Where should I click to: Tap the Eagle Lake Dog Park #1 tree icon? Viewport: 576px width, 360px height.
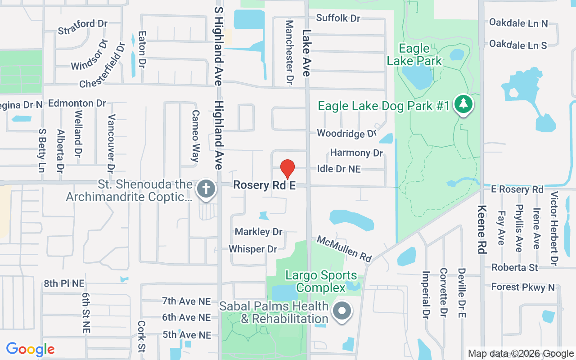(463, 104)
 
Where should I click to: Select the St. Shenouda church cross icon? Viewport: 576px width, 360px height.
(206, 189)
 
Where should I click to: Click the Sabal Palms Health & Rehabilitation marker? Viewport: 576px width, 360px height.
(342, 310)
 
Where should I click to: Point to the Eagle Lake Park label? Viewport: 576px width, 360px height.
(414, 54)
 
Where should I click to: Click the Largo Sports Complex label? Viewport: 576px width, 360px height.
(321, 281)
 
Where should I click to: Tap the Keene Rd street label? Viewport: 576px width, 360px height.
(482, 229)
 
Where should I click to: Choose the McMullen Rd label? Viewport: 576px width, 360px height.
(344, 248)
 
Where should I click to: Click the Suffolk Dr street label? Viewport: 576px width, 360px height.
(338, 18)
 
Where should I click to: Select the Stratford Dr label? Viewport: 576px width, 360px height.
(83, 27)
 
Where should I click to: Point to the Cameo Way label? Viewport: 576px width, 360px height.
(195, 136)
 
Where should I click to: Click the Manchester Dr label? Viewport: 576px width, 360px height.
(289, 52)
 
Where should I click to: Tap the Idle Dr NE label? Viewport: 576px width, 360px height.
(339, 169)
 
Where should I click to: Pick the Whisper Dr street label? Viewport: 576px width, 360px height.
(253, 249)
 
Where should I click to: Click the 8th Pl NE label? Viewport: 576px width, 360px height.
(64, 283)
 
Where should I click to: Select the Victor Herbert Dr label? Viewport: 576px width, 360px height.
(554, 228)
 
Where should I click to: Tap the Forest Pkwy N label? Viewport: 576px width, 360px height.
(523, 287)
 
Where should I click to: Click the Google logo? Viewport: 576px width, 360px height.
(30, 349)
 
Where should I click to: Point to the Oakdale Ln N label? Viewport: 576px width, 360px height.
(518, 23)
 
